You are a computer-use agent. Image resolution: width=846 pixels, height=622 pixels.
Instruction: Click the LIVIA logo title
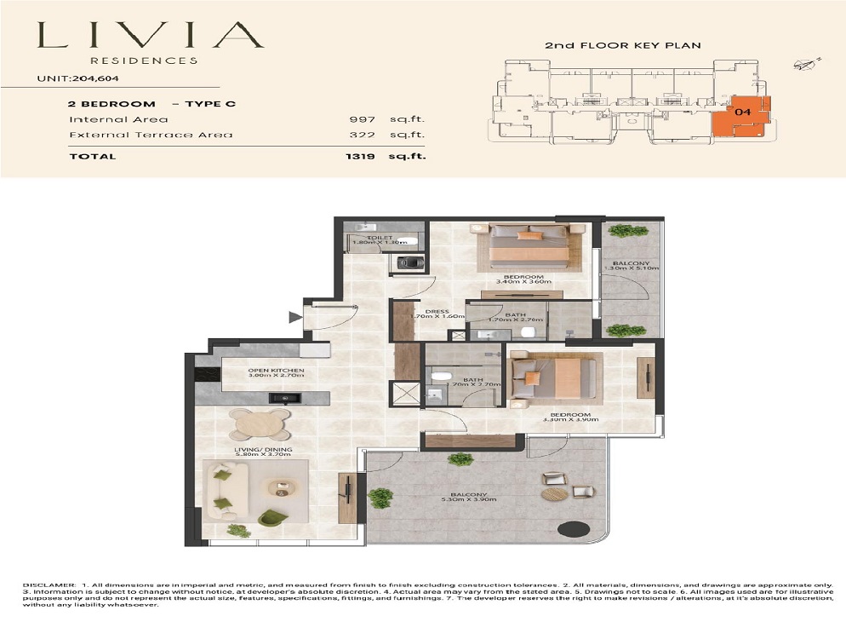150,35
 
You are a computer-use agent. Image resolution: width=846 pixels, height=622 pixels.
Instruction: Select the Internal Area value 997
363,120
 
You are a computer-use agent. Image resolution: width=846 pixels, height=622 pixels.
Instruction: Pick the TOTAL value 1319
360,156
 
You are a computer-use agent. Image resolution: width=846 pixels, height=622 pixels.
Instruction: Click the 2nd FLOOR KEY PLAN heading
623,44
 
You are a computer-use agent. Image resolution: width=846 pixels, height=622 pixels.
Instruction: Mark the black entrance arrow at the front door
295,318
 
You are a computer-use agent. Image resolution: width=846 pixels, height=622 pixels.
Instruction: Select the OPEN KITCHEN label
276,371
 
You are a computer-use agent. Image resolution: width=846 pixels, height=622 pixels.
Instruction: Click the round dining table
260,423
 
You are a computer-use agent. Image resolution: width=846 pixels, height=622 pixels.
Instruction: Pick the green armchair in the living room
272,518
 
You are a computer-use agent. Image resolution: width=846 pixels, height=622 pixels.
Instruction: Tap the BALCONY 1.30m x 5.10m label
631,264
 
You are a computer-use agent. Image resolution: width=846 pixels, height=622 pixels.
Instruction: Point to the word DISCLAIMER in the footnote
49,585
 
